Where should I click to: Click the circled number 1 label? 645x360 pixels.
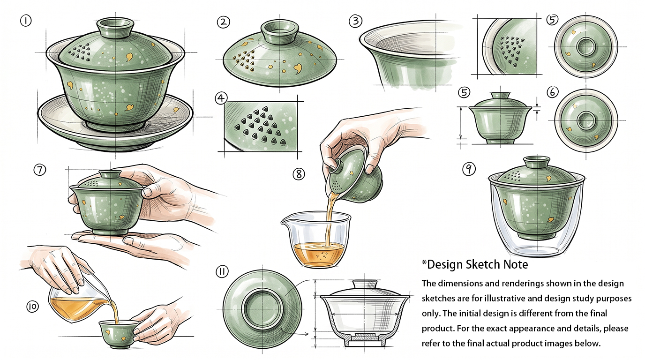point(26,21)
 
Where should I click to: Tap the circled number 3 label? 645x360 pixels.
point(355,21)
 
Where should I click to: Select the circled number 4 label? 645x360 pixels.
point(221,98)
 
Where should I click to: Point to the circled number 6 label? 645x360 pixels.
point(552,92)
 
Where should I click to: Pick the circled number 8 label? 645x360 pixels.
point(299,174)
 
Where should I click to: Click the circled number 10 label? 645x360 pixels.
point(32,307)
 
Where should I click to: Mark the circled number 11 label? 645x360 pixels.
point(222,272)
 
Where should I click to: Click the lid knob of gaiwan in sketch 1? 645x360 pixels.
point(115,28)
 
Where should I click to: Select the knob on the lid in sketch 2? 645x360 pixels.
point(279,31)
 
